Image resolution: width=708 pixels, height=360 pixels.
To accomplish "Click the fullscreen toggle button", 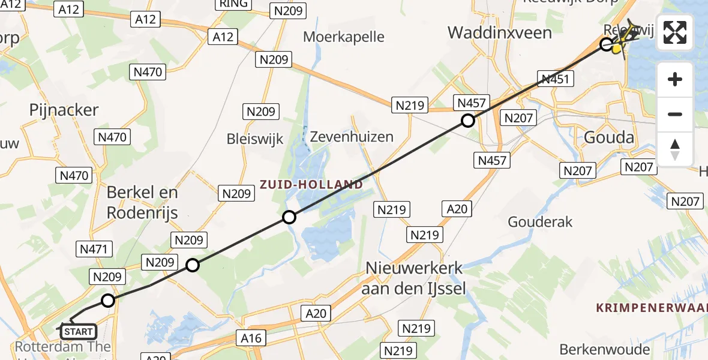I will pos(675,32).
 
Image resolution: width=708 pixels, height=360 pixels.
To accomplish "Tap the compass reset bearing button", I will pos(675,149).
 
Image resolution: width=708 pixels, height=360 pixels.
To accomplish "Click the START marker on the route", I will pos(78,331).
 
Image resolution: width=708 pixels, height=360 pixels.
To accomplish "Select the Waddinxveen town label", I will pos(499,32).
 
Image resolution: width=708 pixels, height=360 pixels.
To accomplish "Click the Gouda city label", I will pos(609,137).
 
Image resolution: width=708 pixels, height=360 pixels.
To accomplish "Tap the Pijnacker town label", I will pos(64,110).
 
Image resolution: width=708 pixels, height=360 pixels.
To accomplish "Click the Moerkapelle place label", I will pos(343,37).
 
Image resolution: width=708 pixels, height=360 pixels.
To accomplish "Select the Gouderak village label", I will pos(540,222).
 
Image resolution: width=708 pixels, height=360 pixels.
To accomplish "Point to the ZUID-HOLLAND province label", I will pos(311,184).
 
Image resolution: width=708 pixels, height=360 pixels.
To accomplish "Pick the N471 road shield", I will pos(92,248).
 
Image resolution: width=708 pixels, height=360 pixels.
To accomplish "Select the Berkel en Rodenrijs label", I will pos(142,202).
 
